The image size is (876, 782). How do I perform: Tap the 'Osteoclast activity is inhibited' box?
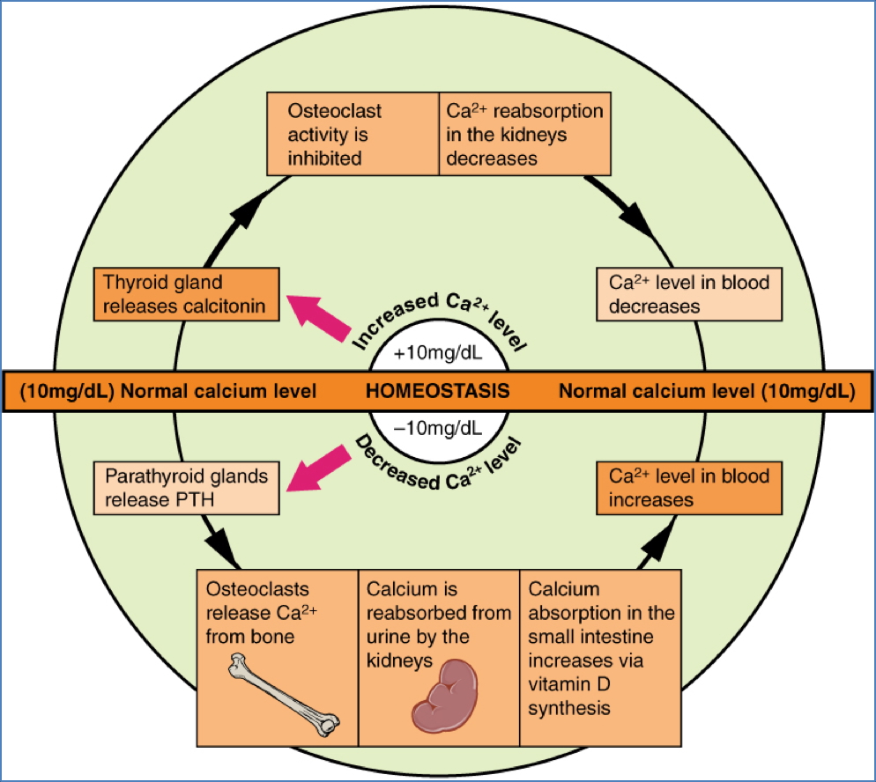353,135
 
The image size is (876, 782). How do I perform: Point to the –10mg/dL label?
438,429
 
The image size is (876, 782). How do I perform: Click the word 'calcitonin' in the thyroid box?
230,306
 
